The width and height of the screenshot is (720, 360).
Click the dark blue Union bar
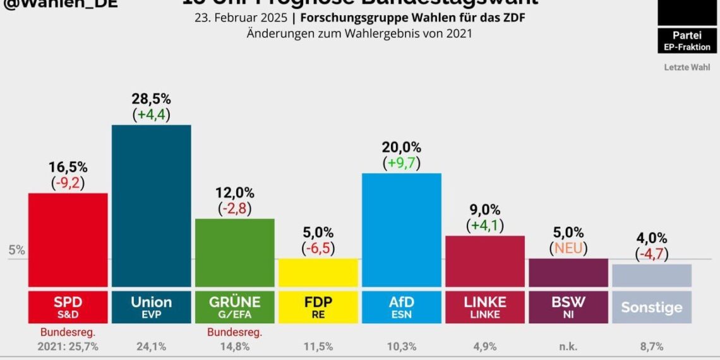(151, 205)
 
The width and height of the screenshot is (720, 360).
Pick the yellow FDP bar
(318, 272)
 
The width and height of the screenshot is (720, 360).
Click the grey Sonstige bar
(651, 275)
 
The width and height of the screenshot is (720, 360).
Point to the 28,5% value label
(151, 99)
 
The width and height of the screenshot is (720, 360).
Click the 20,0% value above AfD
(401, 147)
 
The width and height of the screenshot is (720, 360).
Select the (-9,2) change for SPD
(68, 183)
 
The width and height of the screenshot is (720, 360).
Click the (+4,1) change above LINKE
(484, 225)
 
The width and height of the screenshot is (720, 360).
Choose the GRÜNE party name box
(234, 307)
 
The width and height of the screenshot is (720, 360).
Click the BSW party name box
(568, 307)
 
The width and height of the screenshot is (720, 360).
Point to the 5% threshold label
(16, 250)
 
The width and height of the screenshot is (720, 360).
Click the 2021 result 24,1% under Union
(151, 346)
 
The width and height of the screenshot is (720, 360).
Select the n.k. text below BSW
(568, 346)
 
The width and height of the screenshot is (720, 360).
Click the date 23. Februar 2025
(239, 18)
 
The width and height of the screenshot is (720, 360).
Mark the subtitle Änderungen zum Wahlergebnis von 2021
(359, 33)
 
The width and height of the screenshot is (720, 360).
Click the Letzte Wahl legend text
(687, 67)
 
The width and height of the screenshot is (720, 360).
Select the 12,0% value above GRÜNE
(234, 193)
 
